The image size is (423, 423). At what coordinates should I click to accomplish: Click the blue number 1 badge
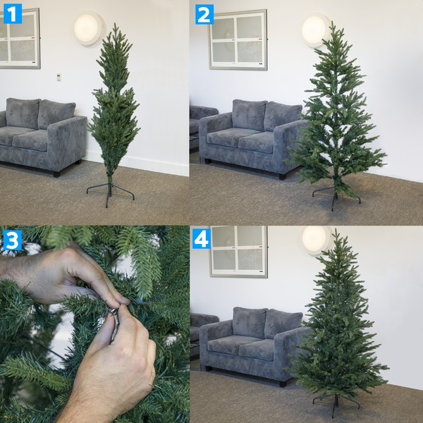[x=13, y=13]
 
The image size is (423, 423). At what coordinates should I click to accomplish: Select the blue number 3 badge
[x=13, y=240]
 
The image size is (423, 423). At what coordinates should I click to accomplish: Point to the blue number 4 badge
[x=202, y=239]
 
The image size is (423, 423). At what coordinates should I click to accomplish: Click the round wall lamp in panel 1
[x=89, y=28]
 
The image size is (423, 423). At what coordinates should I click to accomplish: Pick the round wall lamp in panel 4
[x=315, y=240]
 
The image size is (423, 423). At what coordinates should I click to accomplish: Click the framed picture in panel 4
[x=238, y=251]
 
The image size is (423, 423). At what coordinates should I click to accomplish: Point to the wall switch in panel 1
[x=59, y=77]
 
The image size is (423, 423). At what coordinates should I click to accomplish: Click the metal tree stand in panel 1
[x=109, y=191]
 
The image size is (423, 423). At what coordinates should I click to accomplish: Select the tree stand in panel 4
[x=336, y=403]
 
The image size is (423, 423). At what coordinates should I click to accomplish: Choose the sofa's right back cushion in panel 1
[x=56, y=114]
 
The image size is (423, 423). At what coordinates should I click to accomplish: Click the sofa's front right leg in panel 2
[x=282, y=176]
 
